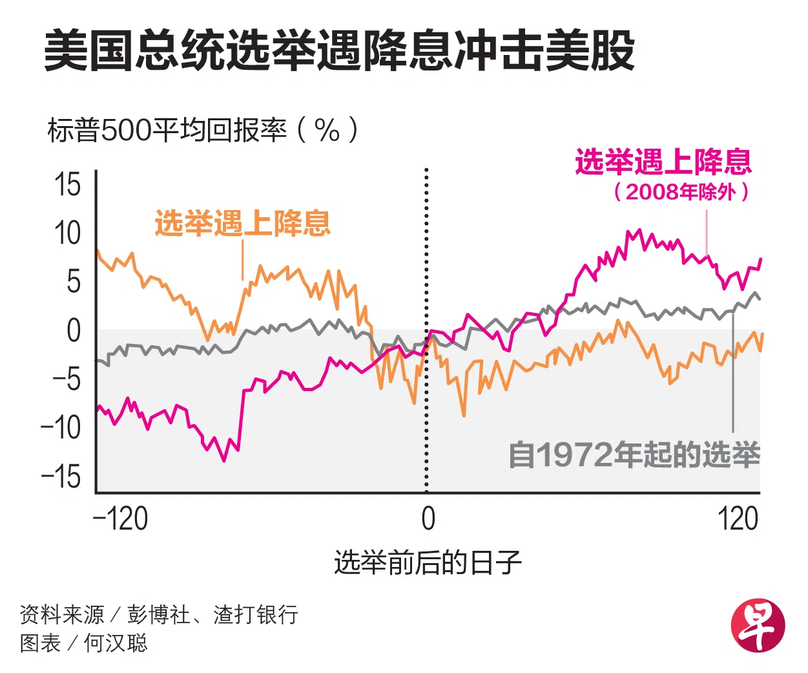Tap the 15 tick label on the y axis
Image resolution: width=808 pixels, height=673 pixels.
coord(68,185)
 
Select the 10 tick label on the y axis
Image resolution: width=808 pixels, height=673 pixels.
coord(67,233)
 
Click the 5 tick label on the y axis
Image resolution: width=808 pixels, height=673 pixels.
coord(74,282)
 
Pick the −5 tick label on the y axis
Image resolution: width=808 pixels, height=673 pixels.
coord(67,379)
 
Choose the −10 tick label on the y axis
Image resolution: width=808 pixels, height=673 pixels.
coord(61,427)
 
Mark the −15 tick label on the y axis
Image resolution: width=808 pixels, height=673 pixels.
coord(61,476)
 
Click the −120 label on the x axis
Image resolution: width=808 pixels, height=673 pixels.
coord(121,518)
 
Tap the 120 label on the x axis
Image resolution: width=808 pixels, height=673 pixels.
coord(738,518)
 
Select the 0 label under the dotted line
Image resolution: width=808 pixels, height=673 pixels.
coord(428,518)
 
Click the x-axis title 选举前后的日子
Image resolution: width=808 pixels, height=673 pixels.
coord(428,562)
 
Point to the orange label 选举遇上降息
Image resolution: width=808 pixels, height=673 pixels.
coord(242,224)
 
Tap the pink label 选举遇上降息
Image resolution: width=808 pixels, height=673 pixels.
coord(663,162)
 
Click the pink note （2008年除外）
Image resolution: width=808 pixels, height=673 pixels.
coord(681,191)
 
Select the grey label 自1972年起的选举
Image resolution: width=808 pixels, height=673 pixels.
coord(634,454)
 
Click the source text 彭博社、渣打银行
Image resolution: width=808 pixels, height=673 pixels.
coord(212,614)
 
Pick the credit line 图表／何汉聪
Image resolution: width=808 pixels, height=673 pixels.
coord(84,643)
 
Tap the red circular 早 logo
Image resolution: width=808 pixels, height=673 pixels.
coord(757,625)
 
